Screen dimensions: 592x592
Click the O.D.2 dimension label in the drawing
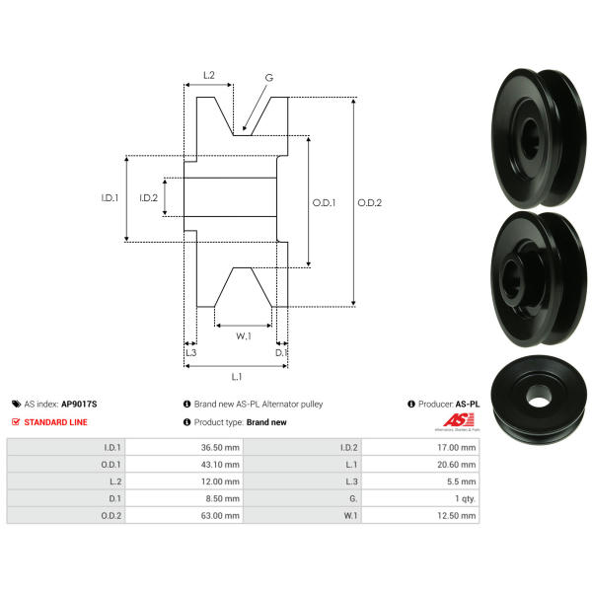coord(369,202)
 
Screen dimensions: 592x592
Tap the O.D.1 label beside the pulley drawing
coord(324,202)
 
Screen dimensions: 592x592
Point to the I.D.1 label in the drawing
coord(110,197)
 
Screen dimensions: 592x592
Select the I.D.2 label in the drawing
coord(148,197)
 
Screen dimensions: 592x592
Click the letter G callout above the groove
coord(268,78)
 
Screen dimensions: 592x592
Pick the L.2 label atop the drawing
coord(209,75)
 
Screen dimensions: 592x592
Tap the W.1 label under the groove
coord(244,336)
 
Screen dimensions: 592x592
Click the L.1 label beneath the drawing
coord(237,377)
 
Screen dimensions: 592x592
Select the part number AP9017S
coord(79,404)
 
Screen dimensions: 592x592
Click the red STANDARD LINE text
coord(55,422)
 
